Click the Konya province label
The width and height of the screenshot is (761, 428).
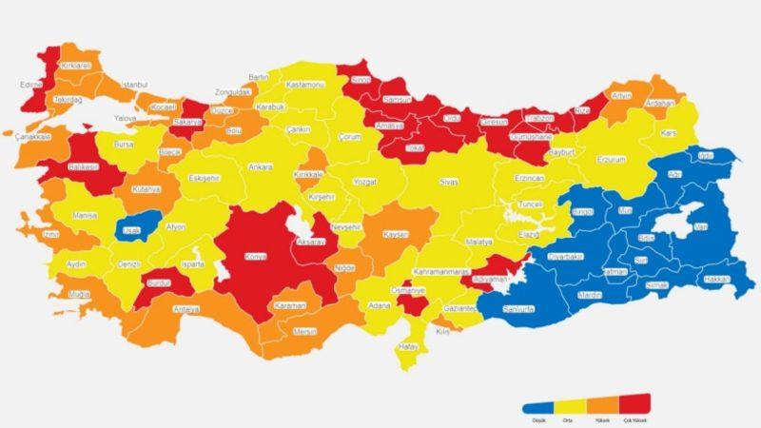pos(256,256)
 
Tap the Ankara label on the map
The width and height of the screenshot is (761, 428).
pos(260,167)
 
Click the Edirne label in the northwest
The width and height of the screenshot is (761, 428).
pos(33,84)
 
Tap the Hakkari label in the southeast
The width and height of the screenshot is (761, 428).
pos(716,279)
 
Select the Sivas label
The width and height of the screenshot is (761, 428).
pos(448,180)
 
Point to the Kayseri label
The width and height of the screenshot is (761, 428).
pos(396,234)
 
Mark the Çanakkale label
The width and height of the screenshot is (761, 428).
pos(32,136)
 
